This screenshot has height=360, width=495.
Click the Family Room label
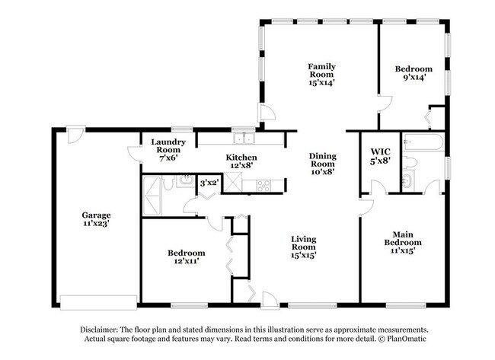[x=321, y=70]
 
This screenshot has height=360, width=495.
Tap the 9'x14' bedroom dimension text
[x=414, y=77]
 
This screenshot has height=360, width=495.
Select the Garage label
[x=96, y=215]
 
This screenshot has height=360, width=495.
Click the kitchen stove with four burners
[x=263, y=186]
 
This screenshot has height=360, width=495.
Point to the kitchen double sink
[x=244, y=139]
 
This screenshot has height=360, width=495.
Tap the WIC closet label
[x=381, y=152]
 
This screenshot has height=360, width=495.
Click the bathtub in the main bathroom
[x=423, y=142]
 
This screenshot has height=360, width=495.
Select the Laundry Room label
[x=168, y=146]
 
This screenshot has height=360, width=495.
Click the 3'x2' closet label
[x=209, y=183]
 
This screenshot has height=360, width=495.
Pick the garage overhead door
[x=98, y=303]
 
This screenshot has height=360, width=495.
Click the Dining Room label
[x=323, y=160]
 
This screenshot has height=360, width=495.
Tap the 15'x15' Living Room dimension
[x=303, y=255]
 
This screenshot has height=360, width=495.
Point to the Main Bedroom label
[x=403, y=238]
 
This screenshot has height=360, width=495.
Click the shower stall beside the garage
[x=152, y=196]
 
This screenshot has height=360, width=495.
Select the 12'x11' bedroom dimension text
[x=187, y=261]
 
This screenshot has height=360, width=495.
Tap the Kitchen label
[x=241, y=157]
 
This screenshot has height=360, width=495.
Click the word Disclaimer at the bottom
[x=99, y=330]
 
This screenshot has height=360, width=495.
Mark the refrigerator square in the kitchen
[x=233, y=182]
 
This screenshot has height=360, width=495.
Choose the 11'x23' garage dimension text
[x=96, y=224]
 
